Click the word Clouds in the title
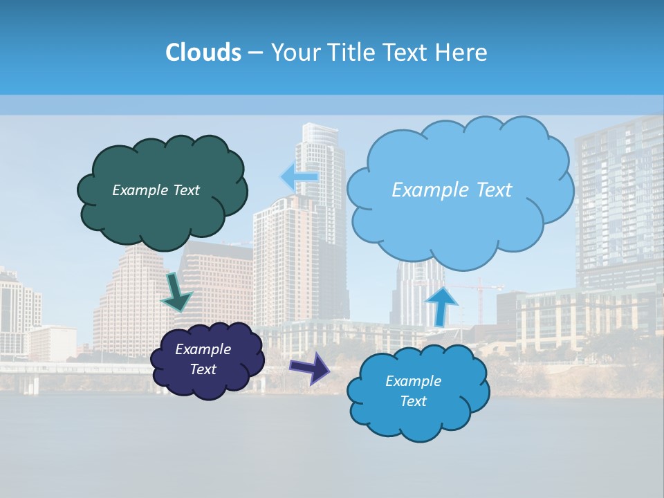click(203, 53)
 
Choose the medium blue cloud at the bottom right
click(418, 415)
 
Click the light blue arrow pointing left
click(299, 177)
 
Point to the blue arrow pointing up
click(441, 304)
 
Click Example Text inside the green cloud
click(156, 190)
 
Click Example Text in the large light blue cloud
click(452, 190)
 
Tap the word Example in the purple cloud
click(203, 349)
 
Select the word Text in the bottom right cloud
click(413, 401)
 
